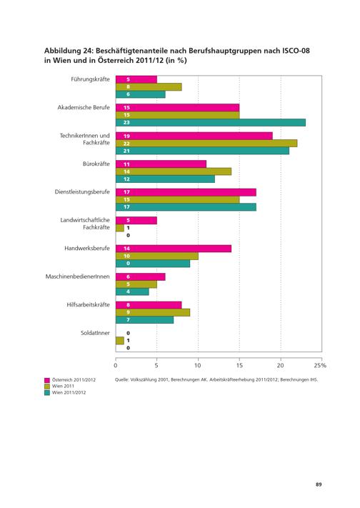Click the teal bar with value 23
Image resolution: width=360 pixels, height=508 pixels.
211,122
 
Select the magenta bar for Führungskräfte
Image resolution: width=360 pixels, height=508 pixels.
136,79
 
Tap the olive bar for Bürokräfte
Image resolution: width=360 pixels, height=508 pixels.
174,171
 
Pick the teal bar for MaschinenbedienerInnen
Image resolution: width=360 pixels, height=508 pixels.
132,292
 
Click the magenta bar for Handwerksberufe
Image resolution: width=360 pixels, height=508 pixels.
174,249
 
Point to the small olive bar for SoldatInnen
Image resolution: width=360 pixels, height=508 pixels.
120,341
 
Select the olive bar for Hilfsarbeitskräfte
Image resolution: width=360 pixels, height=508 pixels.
153,312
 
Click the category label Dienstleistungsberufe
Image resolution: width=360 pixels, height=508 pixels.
82,191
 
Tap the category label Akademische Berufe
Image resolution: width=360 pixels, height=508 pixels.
84,107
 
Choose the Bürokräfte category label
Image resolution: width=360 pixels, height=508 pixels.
96,164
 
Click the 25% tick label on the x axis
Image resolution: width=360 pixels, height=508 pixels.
320,365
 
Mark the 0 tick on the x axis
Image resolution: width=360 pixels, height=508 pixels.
116,365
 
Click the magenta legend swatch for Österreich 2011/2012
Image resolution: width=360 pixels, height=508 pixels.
47,380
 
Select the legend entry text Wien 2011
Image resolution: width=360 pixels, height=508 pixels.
63,387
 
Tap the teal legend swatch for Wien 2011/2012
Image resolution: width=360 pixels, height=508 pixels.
47,393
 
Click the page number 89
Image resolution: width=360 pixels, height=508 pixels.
319,484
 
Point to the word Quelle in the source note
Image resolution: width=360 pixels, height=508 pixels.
122,379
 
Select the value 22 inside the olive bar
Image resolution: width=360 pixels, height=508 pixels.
126,144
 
